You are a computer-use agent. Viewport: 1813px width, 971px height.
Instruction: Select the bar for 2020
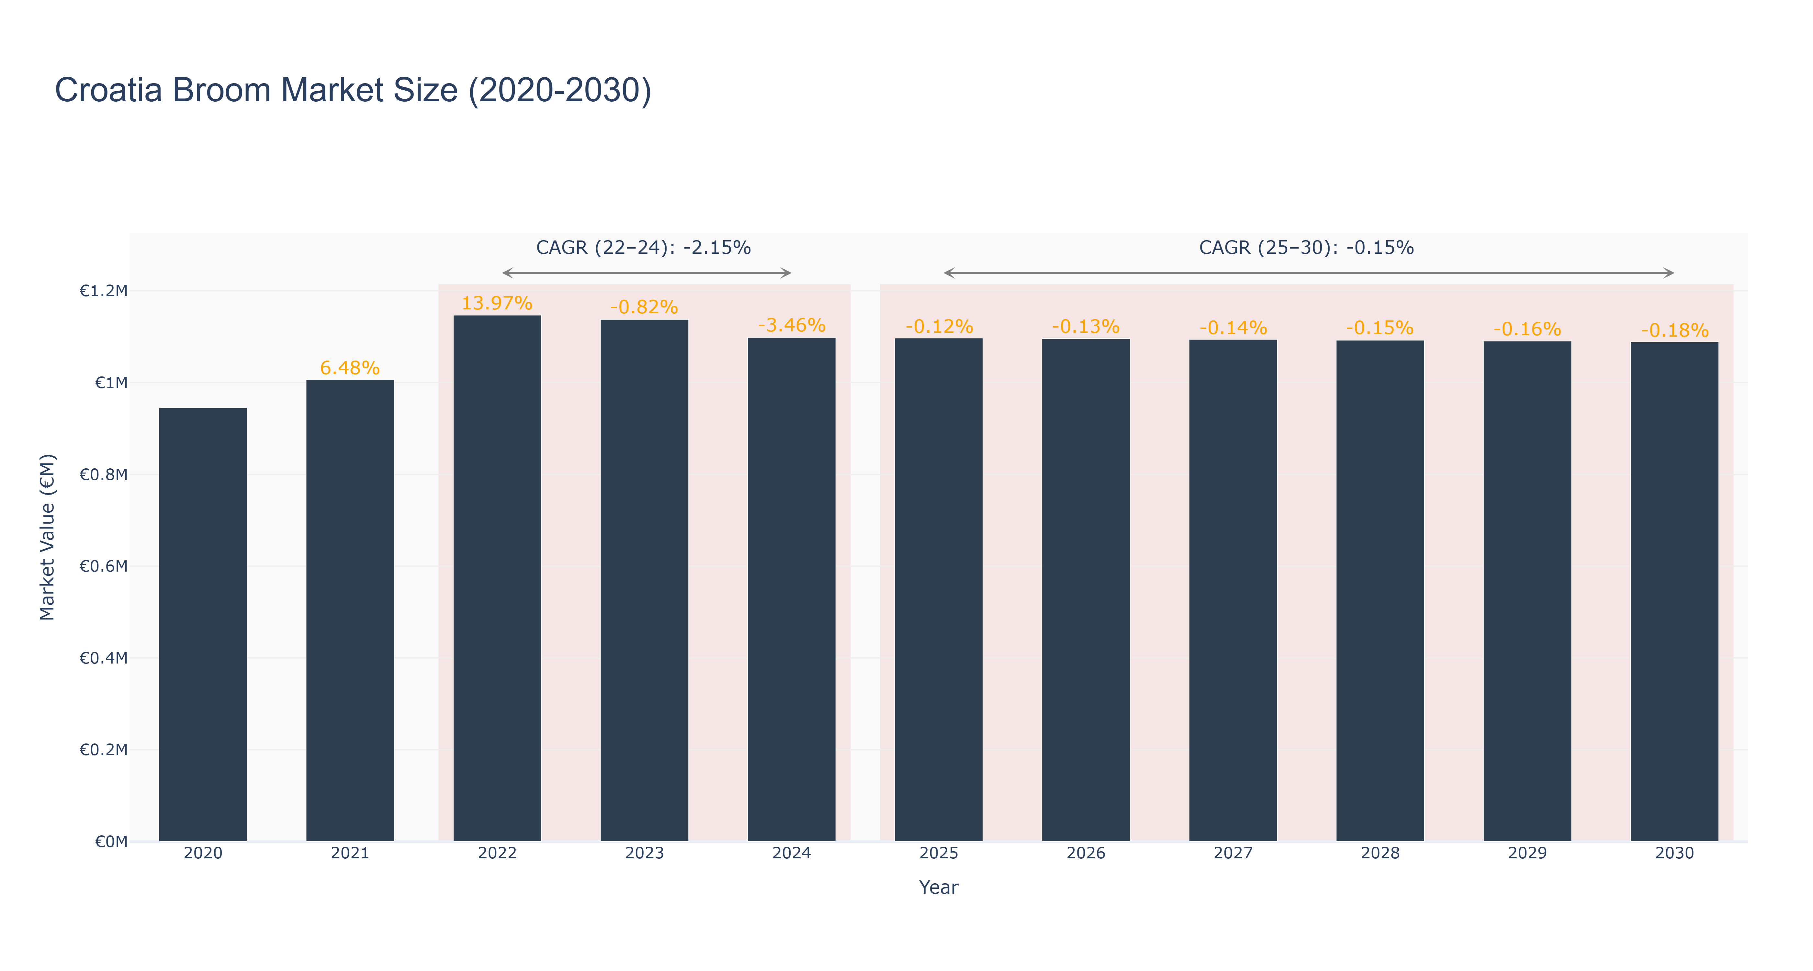203,624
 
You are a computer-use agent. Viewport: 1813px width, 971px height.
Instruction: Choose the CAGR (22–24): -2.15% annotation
643,248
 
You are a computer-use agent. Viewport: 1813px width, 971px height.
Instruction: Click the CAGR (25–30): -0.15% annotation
1306,248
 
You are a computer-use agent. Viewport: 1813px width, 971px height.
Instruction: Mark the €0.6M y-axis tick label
104,566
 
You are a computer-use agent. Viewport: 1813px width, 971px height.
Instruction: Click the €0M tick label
111,842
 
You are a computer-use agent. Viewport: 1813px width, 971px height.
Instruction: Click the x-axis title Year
938,887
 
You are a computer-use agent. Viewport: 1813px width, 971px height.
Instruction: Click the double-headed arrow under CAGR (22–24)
647,273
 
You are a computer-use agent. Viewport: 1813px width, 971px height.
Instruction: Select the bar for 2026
1086,590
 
